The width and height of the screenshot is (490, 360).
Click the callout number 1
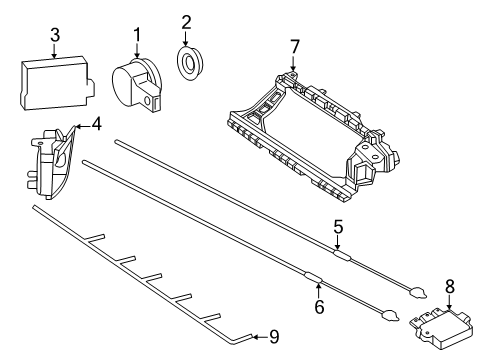point(137,35)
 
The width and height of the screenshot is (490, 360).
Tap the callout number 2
point(186,22)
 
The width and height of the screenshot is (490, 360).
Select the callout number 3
point(55,35)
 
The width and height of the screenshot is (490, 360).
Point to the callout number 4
point(96,124)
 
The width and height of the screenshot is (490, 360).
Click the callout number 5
point(338,227)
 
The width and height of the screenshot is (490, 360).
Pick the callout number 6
point(319,307)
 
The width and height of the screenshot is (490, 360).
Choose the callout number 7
point(295,47)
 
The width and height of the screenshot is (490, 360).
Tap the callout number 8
point(450,287)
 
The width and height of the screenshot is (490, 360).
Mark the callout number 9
point(274,337)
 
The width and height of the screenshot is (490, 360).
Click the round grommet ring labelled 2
point(189,63)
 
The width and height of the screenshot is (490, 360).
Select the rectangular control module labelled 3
point(57,82)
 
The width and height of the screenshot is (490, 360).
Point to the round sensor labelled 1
point(137,84)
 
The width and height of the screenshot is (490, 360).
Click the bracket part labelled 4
point(53,162)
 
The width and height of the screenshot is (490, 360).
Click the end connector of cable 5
point(417,292)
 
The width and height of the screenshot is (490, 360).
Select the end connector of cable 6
point(390,315)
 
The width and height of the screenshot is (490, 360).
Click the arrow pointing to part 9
point(259,337)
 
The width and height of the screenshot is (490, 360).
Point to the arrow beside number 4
point(83,126)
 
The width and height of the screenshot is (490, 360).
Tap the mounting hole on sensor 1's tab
point(147,100)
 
